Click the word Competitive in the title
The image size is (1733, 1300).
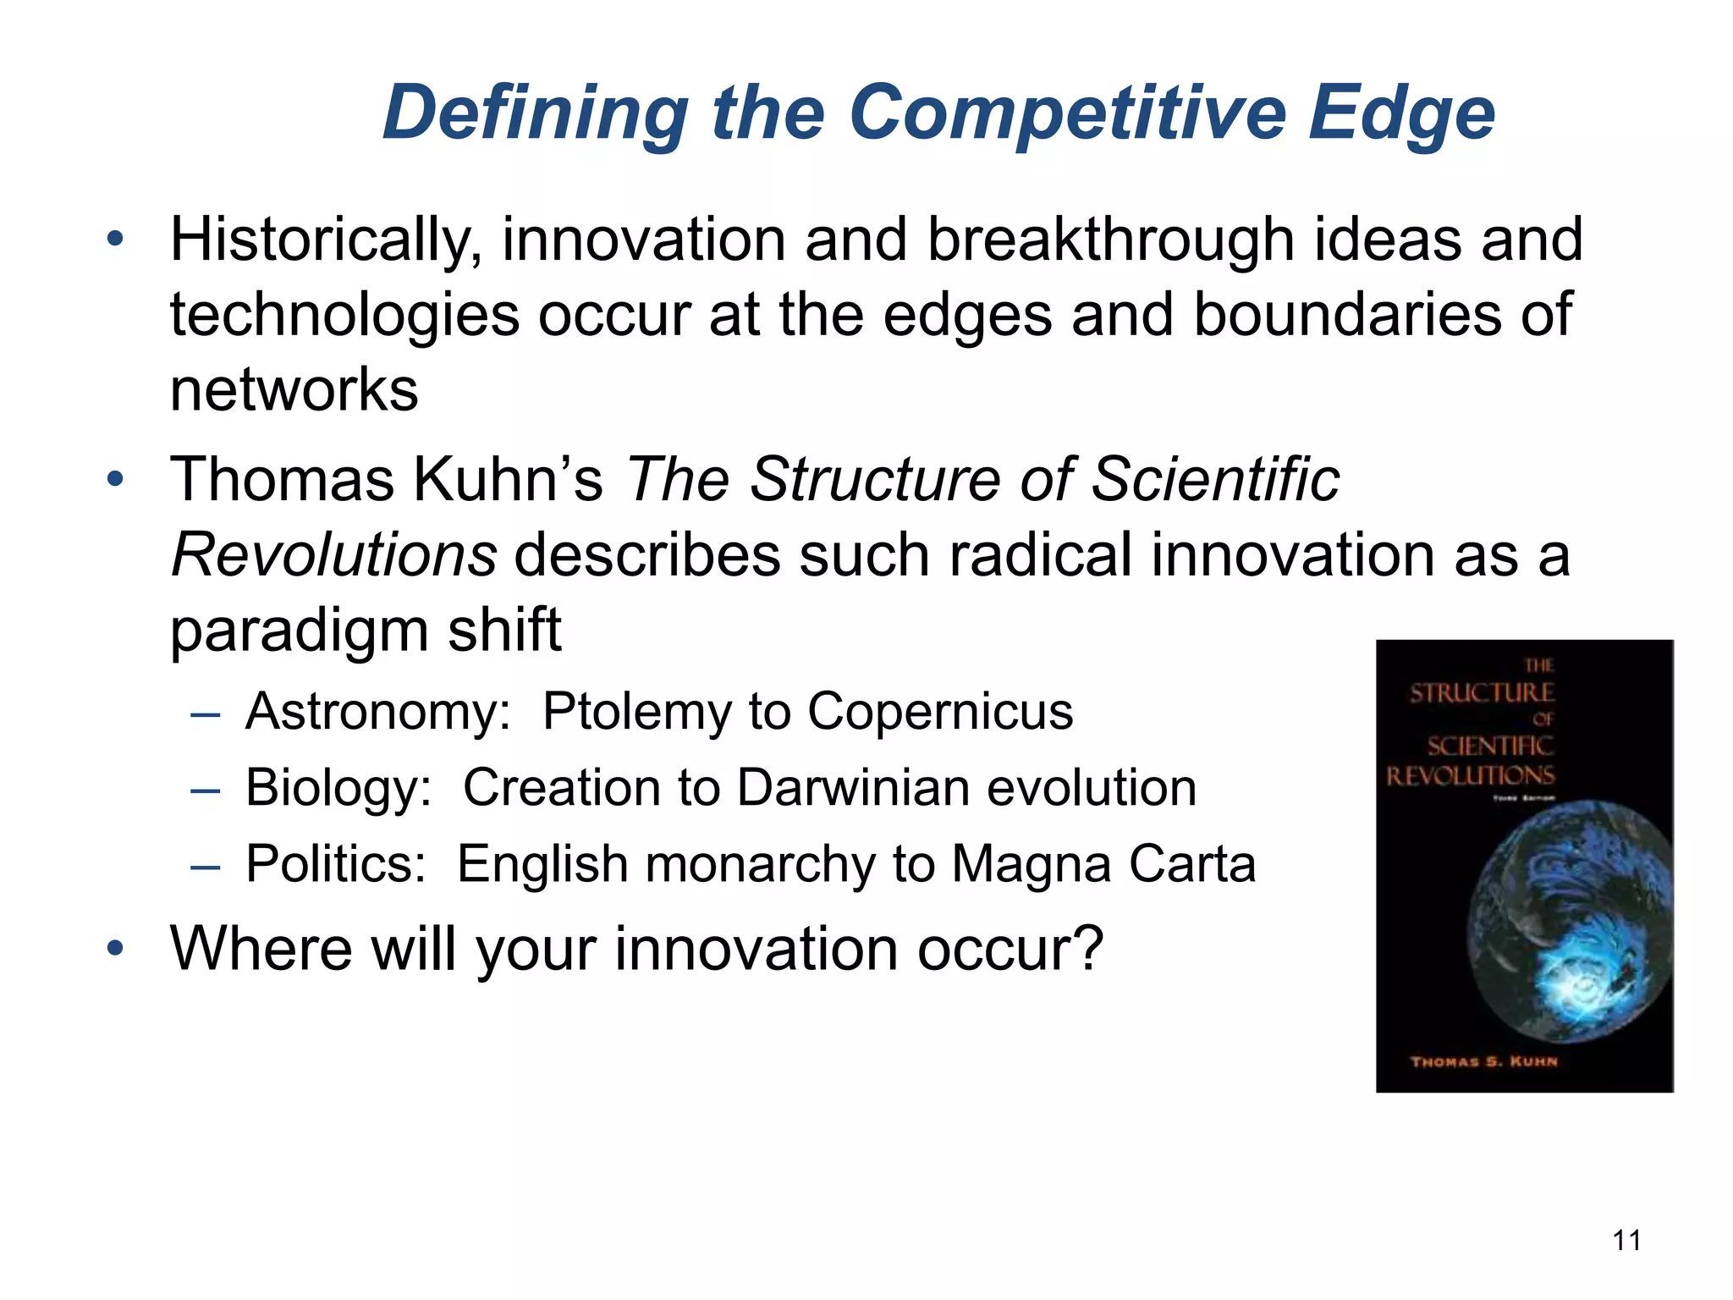click(x=1066, y=114)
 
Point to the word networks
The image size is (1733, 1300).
click(x=294, y=390)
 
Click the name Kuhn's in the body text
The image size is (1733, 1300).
click(x=508, y=480)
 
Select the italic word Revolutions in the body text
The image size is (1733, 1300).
click(x=333, y=555)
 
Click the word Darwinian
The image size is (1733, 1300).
click(x=853, y=788)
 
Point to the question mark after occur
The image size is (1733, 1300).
click(x=1088, y=948)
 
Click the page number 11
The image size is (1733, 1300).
click(x=1626, y=1241)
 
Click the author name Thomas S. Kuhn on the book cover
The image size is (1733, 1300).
click(x=1483, y=1061)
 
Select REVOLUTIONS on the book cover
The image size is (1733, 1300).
click(x=1470, y=775)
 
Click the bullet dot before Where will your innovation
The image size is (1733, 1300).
click(x=115, y=948)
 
